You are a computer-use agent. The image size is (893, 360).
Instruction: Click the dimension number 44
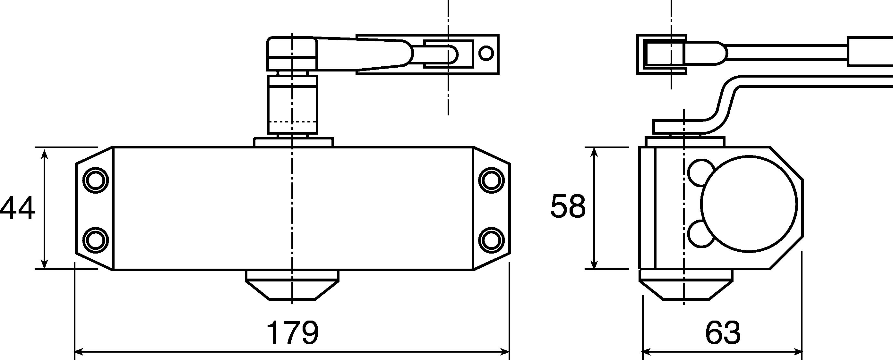click(x=17, y=208)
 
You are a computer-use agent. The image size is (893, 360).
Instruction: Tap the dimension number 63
click(x=723, y=333)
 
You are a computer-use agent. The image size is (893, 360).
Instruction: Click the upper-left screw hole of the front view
click(x=96, y=180)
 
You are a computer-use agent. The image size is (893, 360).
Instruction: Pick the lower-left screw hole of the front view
click(x=96, y=240)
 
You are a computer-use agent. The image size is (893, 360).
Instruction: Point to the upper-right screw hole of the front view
click(x=491, y=180)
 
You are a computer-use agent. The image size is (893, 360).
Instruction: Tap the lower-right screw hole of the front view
click(x=491, y=240)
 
